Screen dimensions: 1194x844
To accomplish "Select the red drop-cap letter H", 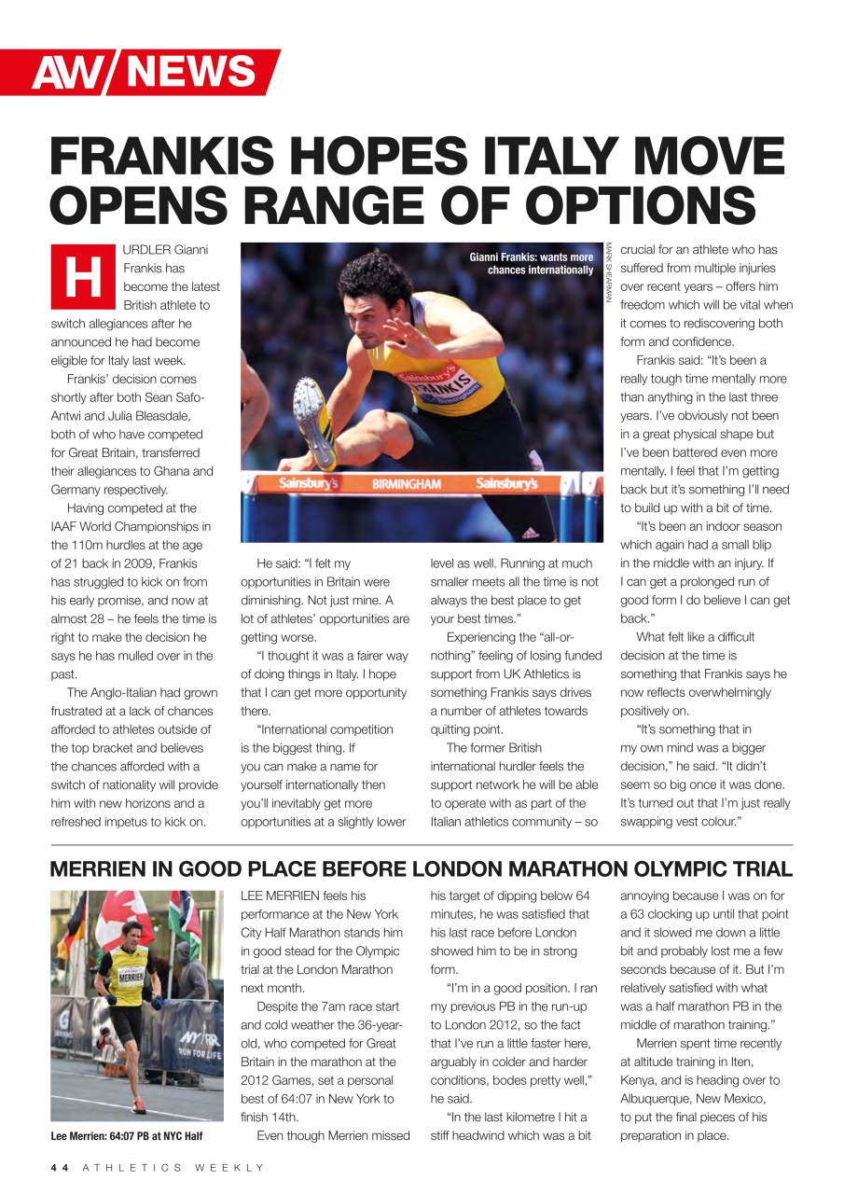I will pyautogui.click(x=81, y=277).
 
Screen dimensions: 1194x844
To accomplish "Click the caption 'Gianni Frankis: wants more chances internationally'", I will pyautogui.click(x=531, y=263).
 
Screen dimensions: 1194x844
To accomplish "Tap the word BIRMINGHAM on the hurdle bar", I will pyautogui.click(x=406, y=484).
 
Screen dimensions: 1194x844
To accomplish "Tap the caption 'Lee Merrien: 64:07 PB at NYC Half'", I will pyautogui.click(x=126, y=1135).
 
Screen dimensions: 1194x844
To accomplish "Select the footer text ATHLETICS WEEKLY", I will pyautogui.click(x=173, y=1167).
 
